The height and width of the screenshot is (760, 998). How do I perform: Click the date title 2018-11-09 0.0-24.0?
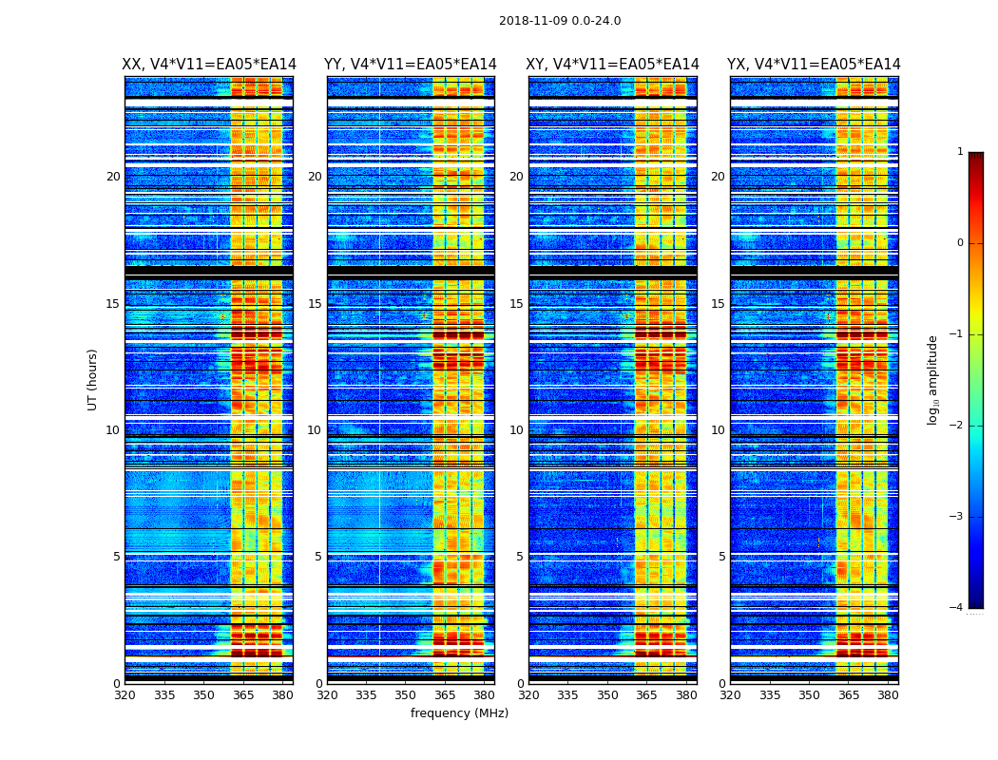click(560, 21)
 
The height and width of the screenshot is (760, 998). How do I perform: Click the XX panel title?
click(209, 65)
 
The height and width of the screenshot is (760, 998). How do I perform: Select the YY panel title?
click(411, 65)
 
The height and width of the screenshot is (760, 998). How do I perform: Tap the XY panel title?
click(613, 65)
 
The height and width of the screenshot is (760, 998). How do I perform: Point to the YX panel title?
click(814, 65)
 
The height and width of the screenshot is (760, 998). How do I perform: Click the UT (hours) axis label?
click(92, 379)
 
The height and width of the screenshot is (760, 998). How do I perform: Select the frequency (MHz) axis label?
click(459, 713)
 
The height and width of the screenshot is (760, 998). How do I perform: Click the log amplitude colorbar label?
click(933, 379)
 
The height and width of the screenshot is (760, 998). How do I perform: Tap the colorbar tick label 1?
click(960, 152)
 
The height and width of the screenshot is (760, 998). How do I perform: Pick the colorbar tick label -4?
click(957, 608)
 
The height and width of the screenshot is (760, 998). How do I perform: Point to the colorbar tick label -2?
click(957, 426)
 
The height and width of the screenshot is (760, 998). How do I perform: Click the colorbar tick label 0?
click(960, 243)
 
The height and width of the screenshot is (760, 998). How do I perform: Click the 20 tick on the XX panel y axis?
click(113, 177)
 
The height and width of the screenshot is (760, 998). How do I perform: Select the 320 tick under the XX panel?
click(125, 695)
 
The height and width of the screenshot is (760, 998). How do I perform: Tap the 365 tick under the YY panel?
click(445, 695)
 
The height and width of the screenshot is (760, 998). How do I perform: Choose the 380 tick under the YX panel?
click(888, 695)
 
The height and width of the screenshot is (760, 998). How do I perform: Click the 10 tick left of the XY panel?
click(516, 430)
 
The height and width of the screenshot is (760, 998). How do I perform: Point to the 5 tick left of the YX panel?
click(722, 557)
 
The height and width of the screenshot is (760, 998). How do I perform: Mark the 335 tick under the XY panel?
click(568, 695)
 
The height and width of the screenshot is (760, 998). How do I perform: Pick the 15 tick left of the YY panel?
click(315, 304)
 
